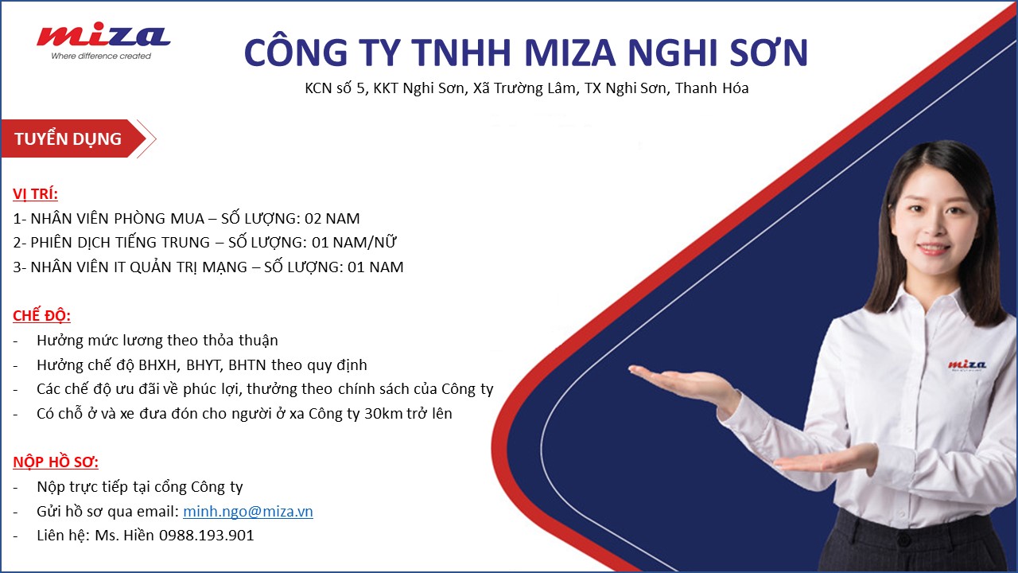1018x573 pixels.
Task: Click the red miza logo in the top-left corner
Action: [x=103, y=37]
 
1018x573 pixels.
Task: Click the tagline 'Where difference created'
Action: [x=101, y=56]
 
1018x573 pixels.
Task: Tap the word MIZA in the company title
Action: [x=569, y=53]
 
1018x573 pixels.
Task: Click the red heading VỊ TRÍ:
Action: [x=36, y=193]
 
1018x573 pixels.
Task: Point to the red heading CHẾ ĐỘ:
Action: [x=42, y=315]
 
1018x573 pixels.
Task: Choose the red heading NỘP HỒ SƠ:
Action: [x=56, y=462]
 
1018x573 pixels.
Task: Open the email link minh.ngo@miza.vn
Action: [x=248, y=512]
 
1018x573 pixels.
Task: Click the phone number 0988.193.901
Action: [x=206, y=536]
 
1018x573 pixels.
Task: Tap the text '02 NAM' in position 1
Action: [x=332, y=219]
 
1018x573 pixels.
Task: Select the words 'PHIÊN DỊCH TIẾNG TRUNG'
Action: [x=120, y=243]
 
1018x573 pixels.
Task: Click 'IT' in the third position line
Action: [x=119, y=267]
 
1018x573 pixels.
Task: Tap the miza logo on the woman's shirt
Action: [x=966, y=364]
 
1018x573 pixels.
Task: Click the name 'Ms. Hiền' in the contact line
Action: [x=125, y=536]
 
